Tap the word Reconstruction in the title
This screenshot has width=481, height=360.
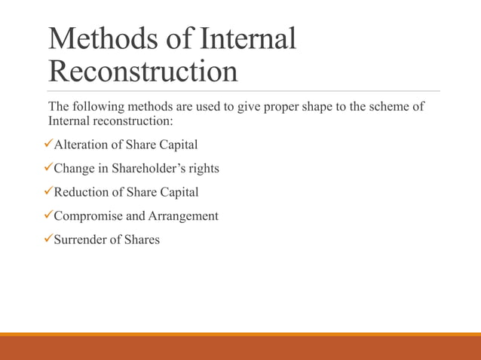[x=142, y=72]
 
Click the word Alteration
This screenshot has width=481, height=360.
[x=81, y=145]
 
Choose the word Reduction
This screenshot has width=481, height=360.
[x=81, y=193]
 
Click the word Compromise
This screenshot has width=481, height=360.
[x=88, y=216]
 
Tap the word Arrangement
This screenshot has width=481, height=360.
[x=184, y=217]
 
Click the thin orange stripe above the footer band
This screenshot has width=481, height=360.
[x=240, y=334]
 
